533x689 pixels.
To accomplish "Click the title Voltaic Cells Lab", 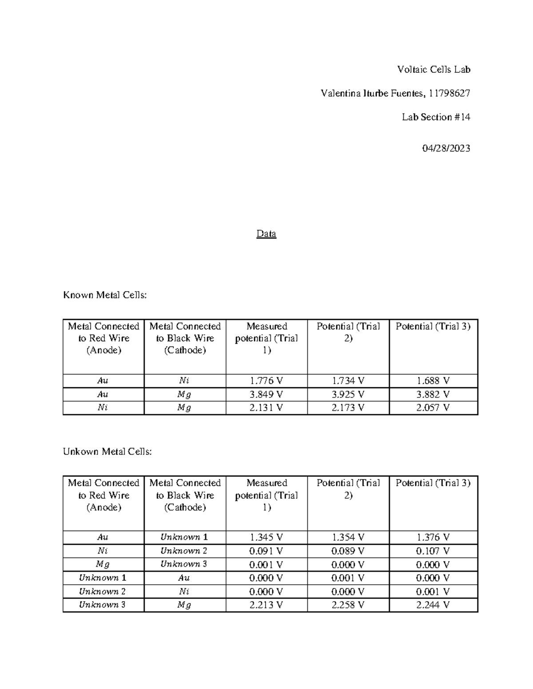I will (434, 70).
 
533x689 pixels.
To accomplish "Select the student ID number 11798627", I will (449, 93).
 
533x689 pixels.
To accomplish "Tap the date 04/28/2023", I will (446, 149).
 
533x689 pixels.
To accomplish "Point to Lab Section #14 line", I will (436, 117).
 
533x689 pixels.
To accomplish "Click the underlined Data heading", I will (266, 234).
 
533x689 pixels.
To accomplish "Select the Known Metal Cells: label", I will (105, 295).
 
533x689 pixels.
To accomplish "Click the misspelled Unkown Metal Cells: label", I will (107, 452).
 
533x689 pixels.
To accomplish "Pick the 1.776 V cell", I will (266, 381).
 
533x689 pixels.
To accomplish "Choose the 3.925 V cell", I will (348, 394).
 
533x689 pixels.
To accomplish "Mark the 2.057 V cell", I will (433, 408).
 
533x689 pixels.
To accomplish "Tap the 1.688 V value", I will (433, 381).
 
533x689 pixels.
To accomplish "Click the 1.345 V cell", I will (266, 537).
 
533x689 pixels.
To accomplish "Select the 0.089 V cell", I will (348, 551).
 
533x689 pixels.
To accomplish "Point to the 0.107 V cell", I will (433, 551).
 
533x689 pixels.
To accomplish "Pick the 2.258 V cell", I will (348, 605).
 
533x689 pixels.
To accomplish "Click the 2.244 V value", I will (433, 605).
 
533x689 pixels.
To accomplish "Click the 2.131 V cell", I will (266, 408).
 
